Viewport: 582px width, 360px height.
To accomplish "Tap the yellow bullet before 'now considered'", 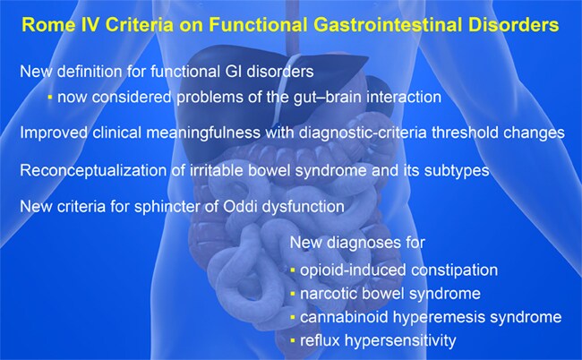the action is [x=50, y=98].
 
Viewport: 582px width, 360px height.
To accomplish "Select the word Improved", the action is [x=54, y=133].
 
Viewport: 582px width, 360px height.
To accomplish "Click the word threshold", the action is [x=465, y=133].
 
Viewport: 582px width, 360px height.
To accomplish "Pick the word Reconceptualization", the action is [x=93, y=170].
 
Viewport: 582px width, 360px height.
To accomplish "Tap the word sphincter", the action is [x=165, y=206].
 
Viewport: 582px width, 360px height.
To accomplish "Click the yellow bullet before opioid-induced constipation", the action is [x=293, y=270].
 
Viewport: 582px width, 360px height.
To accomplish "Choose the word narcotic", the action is [x=328, y=294].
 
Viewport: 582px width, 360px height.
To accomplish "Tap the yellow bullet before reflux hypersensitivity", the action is [x=293, y=340].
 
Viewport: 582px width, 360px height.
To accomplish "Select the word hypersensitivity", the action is [x=400, y=340].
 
